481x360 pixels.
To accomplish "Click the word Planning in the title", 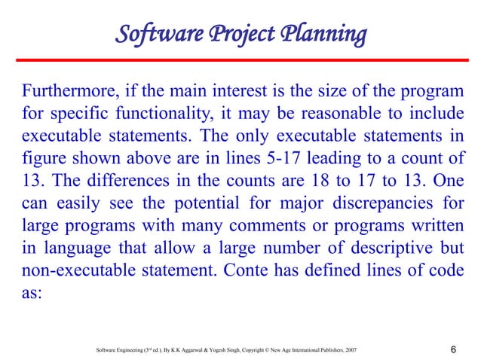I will tap(325, 35).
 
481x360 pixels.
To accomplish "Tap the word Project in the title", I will tap(244, 35).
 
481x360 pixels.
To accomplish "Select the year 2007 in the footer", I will tap(349, 351).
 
